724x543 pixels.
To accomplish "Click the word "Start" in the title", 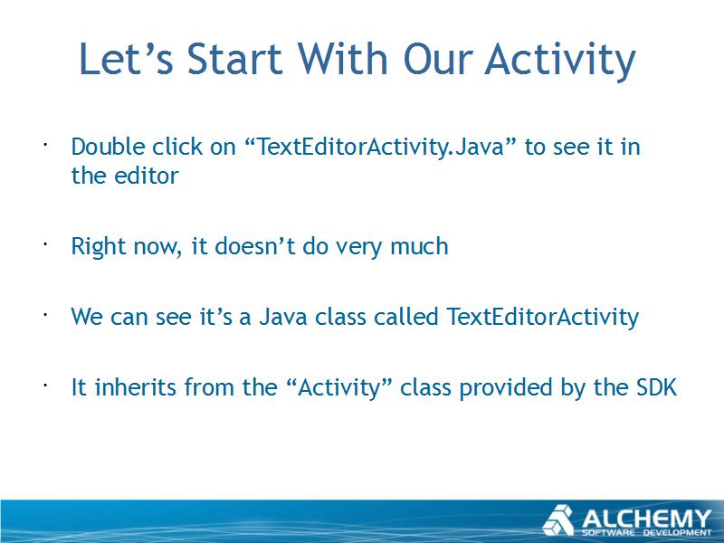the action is (x=234, y=59).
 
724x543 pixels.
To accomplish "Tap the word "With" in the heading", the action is (x=342, y=59).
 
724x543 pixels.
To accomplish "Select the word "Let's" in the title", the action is (x=126, y=59).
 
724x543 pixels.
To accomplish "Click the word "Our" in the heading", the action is (x=438, y=59).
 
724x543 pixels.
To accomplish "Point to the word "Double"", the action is (x=108, y=147).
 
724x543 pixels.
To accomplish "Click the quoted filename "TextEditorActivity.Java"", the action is (x=379, y=147).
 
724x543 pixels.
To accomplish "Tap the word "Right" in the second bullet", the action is (x=99, y=246).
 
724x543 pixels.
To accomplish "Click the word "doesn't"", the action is (x=255, y=246).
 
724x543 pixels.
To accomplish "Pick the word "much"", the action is (x=419, y=246).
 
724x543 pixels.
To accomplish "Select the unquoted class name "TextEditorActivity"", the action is (x=542, y=317).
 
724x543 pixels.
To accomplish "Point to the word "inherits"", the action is (x=136, y=387).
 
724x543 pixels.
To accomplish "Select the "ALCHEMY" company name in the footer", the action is (x=646, y=518).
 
